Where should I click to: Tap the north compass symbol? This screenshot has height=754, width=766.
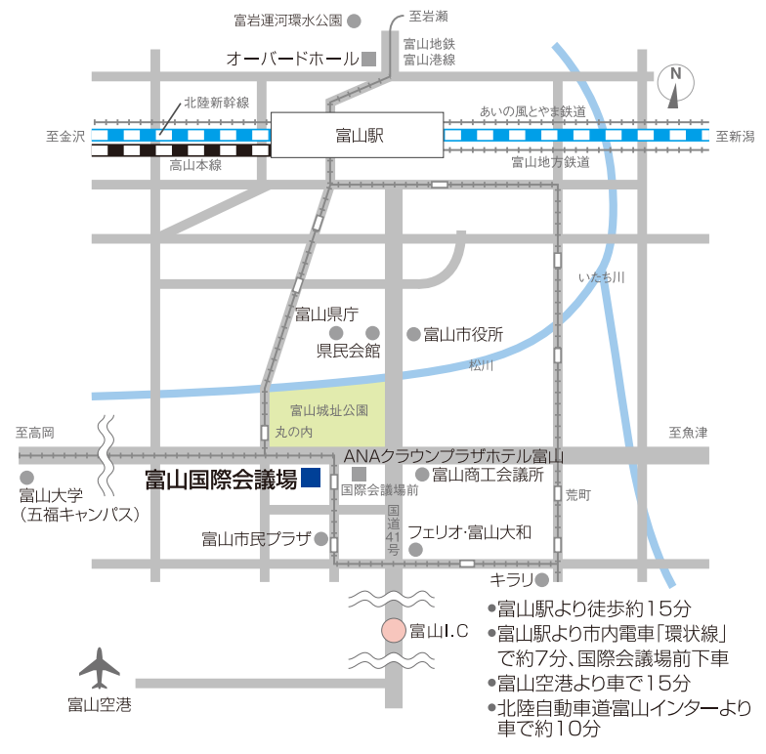click(675, 85)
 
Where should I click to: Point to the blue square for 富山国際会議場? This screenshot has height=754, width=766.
click(311, 478)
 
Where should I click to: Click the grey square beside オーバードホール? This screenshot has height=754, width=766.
click(369, 59)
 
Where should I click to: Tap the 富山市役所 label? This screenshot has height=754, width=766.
click(462, 334)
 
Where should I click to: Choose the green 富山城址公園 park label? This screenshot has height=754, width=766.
click(328, 411)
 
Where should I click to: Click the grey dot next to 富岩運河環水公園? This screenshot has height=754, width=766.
click(355, 20)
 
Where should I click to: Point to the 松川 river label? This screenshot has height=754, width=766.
click(481, 365)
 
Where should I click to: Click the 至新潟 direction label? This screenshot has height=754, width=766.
click(735, 137)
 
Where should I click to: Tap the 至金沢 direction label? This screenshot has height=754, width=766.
click(65, 137)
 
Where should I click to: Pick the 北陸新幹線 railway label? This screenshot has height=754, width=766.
click(217, 102)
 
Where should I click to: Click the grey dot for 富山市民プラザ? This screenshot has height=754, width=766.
click(320, 538)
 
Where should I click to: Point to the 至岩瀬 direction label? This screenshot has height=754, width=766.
click(428, 16)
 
